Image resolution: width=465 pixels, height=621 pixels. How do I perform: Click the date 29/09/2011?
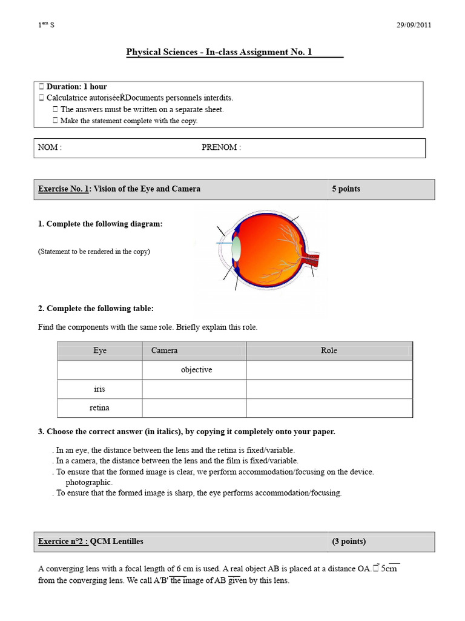[414, 25]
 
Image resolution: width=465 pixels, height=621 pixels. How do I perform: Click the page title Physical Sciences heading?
[219, 52]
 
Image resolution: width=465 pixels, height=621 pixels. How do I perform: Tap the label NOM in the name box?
[50, 147]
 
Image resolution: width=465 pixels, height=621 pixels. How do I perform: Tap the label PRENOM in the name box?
[221, 147]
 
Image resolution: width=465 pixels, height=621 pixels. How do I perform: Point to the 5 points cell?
[346, 189]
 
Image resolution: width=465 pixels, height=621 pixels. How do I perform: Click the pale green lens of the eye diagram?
[237, 248]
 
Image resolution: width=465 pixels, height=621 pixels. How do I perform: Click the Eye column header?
[100, 351]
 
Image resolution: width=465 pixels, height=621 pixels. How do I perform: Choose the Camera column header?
[165, 351]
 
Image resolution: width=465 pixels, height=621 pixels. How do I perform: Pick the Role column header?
[329, 351]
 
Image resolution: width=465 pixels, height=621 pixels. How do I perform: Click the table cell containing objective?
[196, 369]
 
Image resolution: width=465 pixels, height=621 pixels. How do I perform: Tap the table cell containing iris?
[99, 389]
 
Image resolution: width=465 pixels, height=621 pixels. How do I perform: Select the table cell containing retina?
[99, 408]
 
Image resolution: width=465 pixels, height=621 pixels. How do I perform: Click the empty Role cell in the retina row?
[329, 408]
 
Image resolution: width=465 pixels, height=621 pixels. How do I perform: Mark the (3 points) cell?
[349, 541]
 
